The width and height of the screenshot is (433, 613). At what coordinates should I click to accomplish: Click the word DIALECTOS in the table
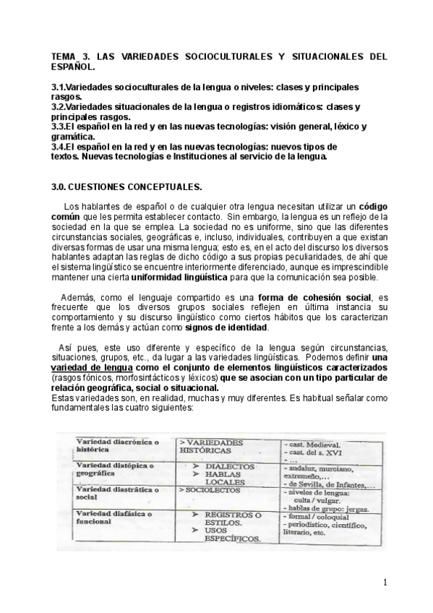pyautogui.click(x=229, y=467)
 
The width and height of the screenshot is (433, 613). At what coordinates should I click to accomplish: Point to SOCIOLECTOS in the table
pyautogui.click(x=206, y=489)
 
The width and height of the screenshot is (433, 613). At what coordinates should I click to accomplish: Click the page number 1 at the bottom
pyautogui.click(x=386, y=583)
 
